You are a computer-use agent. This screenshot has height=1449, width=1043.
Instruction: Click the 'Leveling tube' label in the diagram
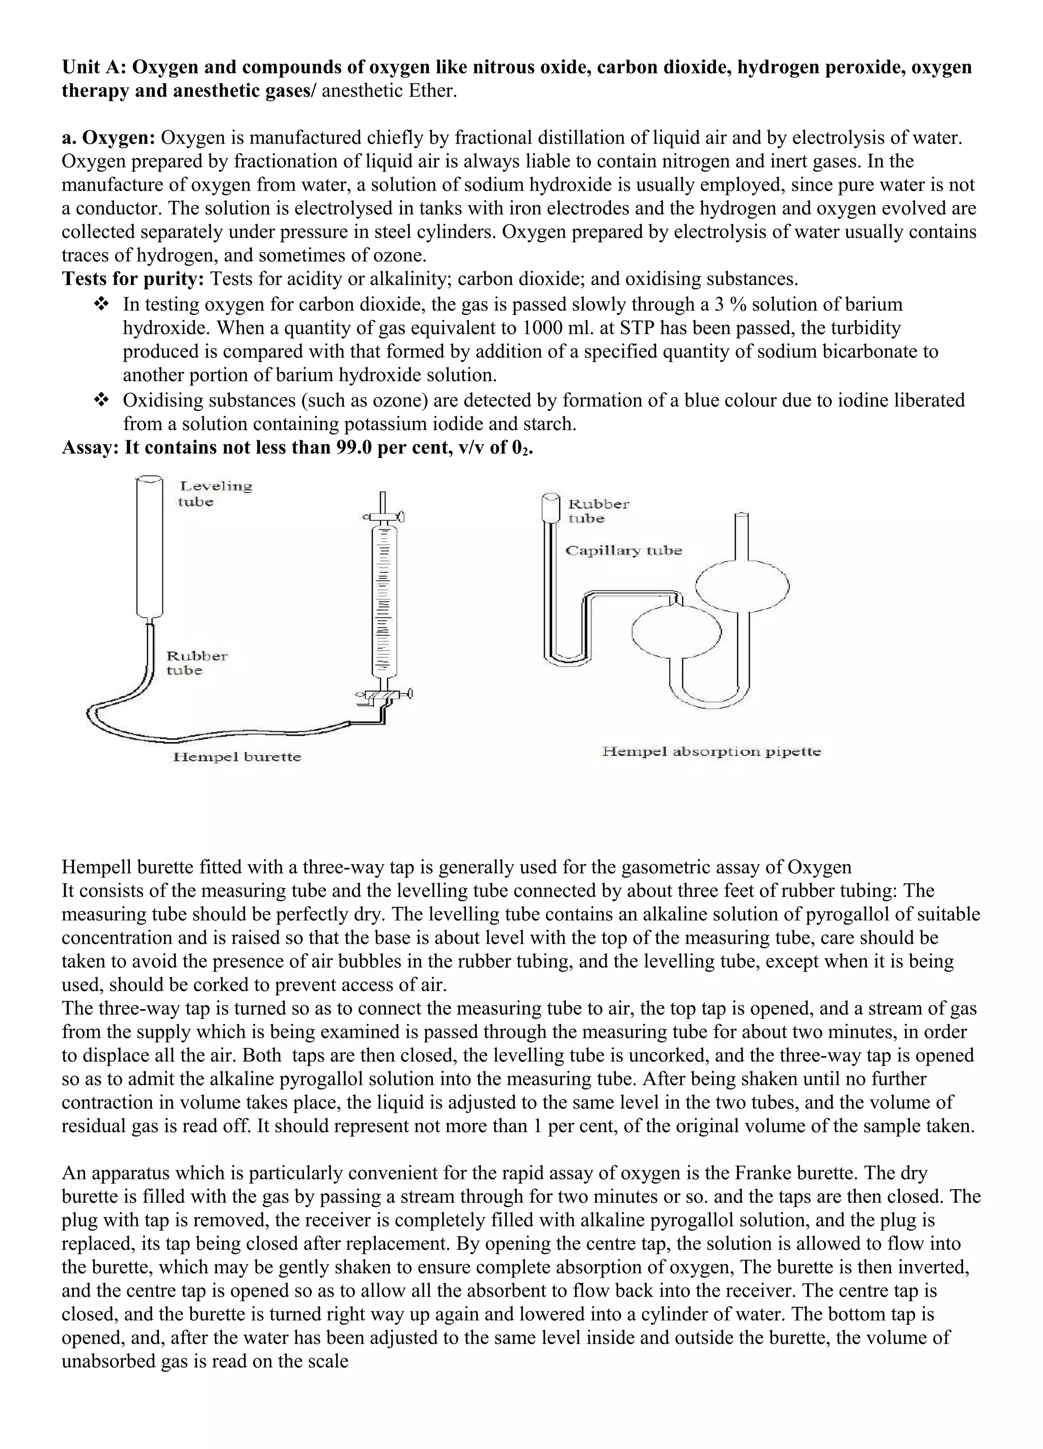tap(214, 493)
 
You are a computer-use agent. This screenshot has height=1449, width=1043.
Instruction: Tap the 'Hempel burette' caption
tap(237, 757)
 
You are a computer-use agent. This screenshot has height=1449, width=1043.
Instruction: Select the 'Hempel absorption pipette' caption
tap(711, 752)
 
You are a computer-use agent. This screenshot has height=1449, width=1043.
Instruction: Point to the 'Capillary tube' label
tap(623, 551)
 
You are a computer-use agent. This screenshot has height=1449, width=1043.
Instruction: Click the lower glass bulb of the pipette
tap(676, 631)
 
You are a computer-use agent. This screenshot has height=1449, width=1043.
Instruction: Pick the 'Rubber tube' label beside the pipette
tap(598, 511)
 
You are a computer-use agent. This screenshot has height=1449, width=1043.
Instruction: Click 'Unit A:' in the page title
tap(94, 67)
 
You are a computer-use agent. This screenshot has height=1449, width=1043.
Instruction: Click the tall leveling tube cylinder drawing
tap(149, 549)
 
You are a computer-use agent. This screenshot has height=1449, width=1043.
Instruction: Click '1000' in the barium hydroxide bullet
tap(542, 328)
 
